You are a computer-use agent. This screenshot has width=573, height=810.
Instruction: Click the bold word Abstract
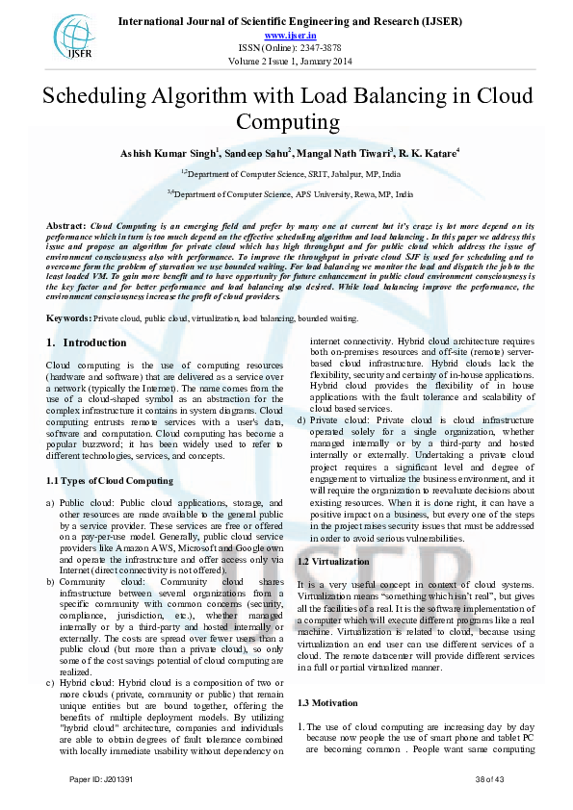point(66,226)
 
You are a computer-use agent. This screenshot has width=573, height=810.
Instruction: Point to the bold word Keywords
point(68,317)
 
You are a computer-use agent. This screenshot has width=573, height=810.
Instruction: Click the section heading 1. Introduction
point(87,343)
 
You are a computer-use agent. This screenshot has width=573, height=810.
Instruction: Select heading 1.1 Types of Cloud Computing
point(110,480)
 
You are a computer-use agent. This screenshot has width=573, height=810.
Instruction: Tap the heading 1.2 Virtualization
point(334,561)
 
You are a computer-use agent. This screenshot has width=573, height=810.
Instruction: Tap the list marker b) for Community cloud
point(51,583)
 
